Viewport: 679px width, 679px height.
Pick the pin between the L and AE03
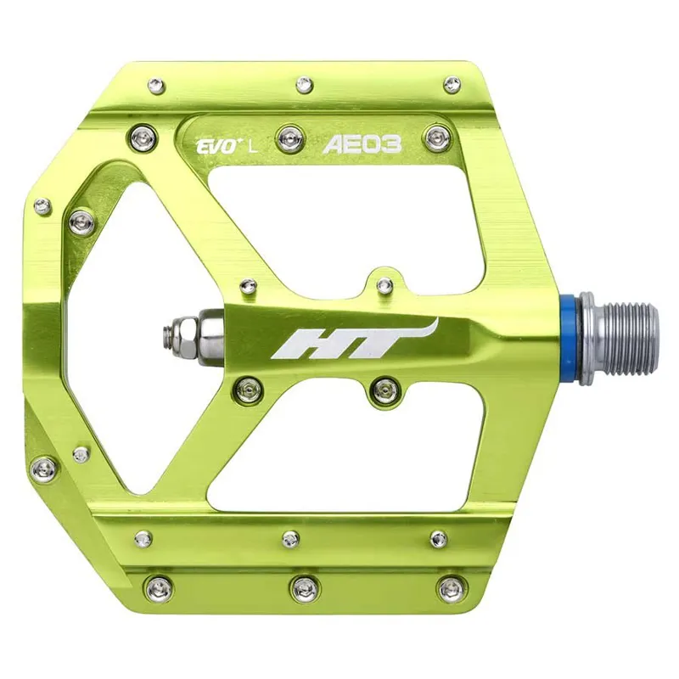click(x=293, y=133)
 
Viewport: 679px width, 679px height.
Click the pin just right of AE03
click(x=437, y=136)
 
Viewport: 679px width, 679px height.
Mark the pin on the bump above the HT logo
click(x=384, y=284)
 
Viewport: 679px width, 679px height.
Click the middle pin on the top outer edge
click(x=303, y=84)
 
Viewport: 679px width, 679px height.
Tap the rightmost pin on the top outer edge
click(x=452, y=83)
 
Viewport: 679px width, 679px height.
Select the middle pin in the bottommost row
click(x=302, y=586)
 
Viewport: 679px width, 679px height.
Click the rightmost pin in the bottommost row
click(x=450, y=587)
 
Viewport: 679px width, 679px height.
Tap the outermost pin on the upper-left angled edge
click(x=42, y=205)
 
